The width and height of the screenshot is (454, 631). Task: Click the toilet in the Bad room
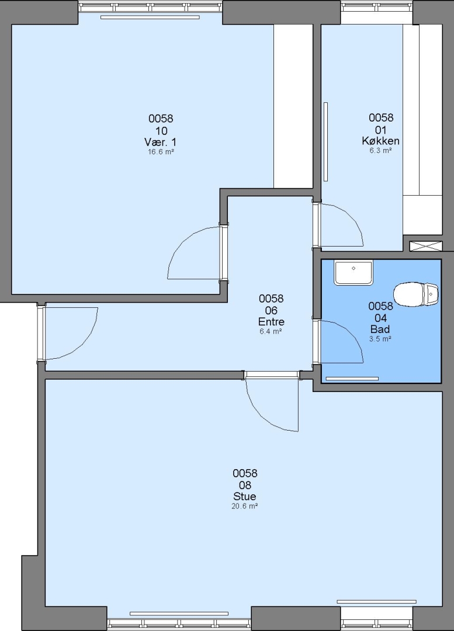pyautogui.click(x=416, y=294)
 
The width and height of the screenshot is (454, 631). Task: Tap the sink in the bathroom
pyautogui.click(x=354, y=272)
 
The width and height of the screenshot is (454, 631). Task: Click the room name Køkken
pyautogui.click(x=381, y=141)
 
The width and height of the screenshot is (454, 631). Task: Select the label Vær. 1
pyautogui.click(x=160, y=142)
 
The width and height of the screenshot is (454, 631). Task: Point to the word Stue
pyautogui.click(x=245, y=496)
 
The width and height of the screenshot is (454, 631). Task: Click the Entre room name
pyautogui.click(x=271, y=322)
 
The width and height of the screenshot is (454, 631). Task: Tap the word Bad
pyautogui.click(x=380, y=329)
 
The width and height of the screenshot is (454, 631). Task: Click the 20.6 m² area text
pyautogui.click(x=245, y=506)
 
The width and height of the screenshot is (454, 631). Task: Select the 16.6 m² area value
pyautogui.click(x=161, y=152)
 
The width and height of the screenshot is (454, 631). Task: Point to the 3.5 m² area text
pyautogui.click(x=380, y=339)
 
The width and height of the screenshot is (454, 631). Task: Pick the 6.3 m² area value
pyautogui.click(x=381, y=151)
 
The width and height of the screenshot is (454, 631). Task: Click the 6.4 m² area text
pyautogui.click(x=271, y=332)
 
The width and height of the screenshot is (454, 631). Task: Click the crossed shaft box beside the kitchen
pyautogui.click(x=426, y=247)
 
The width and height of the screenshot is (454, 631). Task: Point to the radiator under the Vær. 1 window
pyautogui.click(x=150, y=18)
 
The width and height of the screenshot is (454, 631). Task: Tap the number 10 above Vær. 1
pyautogui.click(x=161, y=130)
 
